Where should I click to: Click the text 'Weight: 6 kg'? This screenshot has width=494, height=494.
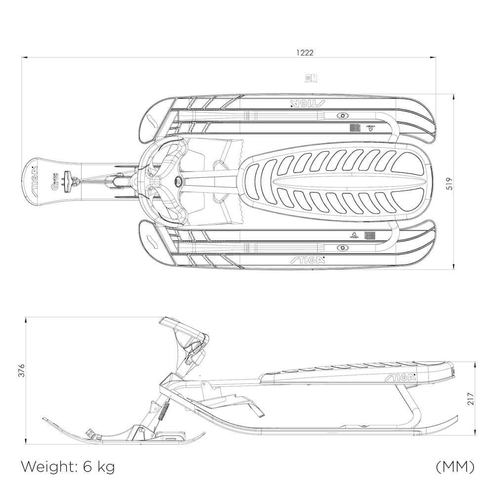(68, 466)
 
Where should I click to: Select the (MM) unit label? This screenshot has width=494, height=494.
(455, 466)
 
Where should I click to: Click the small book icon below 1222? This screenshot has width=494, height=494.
(311, 78)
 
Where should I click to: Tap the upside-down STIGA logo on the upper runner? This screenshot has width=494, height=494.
(307, 103)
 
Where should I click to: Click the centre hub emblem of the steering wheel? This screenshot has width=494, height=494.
(178, 182)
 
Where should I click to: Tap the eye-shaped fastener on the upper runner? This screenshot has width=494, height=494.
(341, 116)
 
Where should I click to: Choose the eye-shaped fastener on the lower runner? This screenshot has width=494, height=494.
(341, 247)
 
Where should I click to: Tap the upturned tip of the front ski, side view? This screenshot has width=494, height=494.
(47, 420)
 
